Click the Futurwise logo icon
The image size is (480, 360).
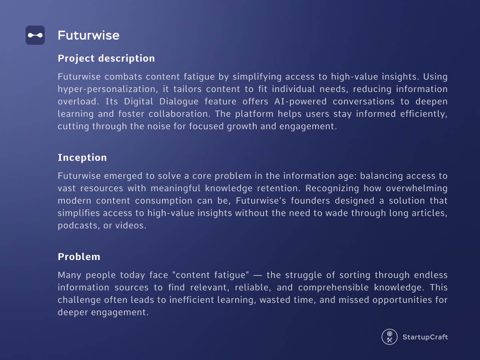pyautogui.click(x=35, y=35)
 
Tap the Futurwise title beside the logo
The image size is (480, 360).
pyautogui.click(x=88, y=35)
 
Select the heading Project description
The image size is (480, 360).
pyautogui.click(x=106, y=58)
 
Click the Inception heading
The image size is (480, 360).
pyautogui.click(x=82, y=158)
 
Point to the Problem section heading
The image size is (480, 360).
pyautogui.click(x=79, y=257)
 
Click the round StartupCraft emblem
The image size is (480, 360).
pyautogui.click(x=389, y=337)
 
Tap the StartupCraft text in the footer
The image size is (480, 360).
pyautogui.click(x=425, y=337)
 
